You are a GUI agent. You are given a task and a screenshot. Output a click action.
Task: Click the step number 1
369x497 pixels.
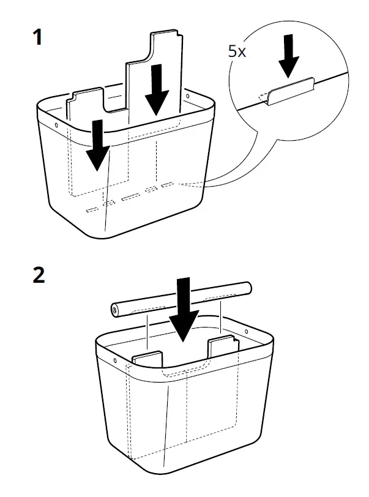(x=38, y=37)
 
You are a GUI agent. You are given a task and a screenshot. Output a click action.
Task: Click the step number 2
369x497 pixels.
(x=38, y=275)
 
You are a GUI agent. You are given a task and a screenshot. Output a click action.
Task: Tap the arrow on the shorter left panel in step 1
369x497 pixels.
(x=96, y=144)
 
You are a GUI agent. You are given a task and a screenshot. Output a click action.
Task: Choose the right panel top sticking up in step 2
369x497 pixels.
(x=222, y=344)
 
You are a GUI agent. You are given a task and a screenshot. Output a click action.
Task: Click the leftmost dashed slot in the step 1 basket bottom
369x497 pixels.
(x=92, y=210)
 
